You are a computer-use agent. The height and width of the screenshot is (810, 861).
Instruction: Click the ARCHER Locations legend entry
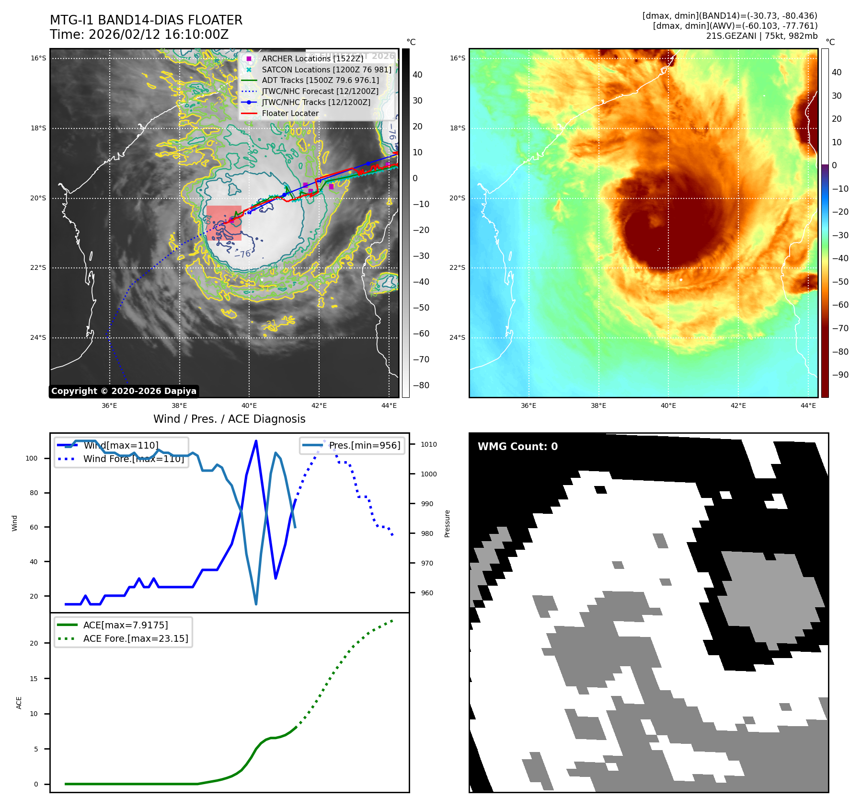click(x=312, y=58)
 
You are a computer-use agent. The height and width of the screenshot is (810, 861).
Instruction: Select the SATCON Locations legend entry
click(x=326, y=69)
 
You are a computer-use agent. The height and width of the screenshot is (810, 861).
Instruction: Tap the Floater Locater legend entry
click(x=290, y=114)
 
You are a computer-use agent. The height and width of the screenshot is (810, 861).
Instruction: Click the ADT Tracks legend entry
click(x=320, y=81)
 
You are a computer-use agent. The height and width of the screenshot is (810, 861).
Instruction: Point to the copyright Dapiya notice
click(x=124, y=391)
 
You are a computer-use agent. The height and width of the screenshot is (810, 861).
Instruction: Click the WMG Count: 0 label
click(x=517, y=447)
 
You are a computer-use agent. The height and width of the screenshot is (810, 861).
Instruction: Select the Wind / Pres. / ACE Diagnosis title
click(x=229, y=419)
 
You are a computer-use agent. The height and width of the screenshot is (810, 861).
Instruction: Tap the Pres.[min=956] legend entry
click(x=364, y=445)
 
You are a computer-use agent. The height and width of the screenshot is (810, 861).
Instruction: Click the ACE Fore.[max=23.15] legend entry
click(x=136, y=638)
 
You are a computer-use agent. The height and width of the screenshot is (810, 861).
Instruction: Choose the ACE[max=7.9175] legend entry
click(x=126, y=625)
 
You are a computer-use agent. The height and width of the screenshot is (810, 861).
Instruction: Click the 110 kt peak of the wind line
click(x=256, y=441)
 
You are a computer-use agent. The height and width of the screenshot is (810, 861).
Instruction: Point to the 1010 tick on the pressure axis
click(x=428, y=444)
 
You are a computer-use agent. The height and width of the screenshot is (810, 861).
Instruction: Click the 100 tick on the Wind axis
click(x=32, y=458)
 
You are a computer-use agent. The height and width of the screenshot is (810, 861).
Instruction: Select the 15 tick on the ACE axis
click(x=34, y=678)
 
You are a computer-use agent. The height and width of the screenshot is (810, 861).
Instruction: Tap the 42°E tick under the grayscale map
click(x=319, y=405)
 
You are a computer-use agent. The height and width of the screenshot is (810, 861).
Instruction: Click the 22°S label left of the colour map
click(x=457, y=267)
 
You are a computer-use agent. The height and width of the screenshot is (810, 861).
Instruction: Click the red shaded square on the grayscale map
click(x=224, y=223)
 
